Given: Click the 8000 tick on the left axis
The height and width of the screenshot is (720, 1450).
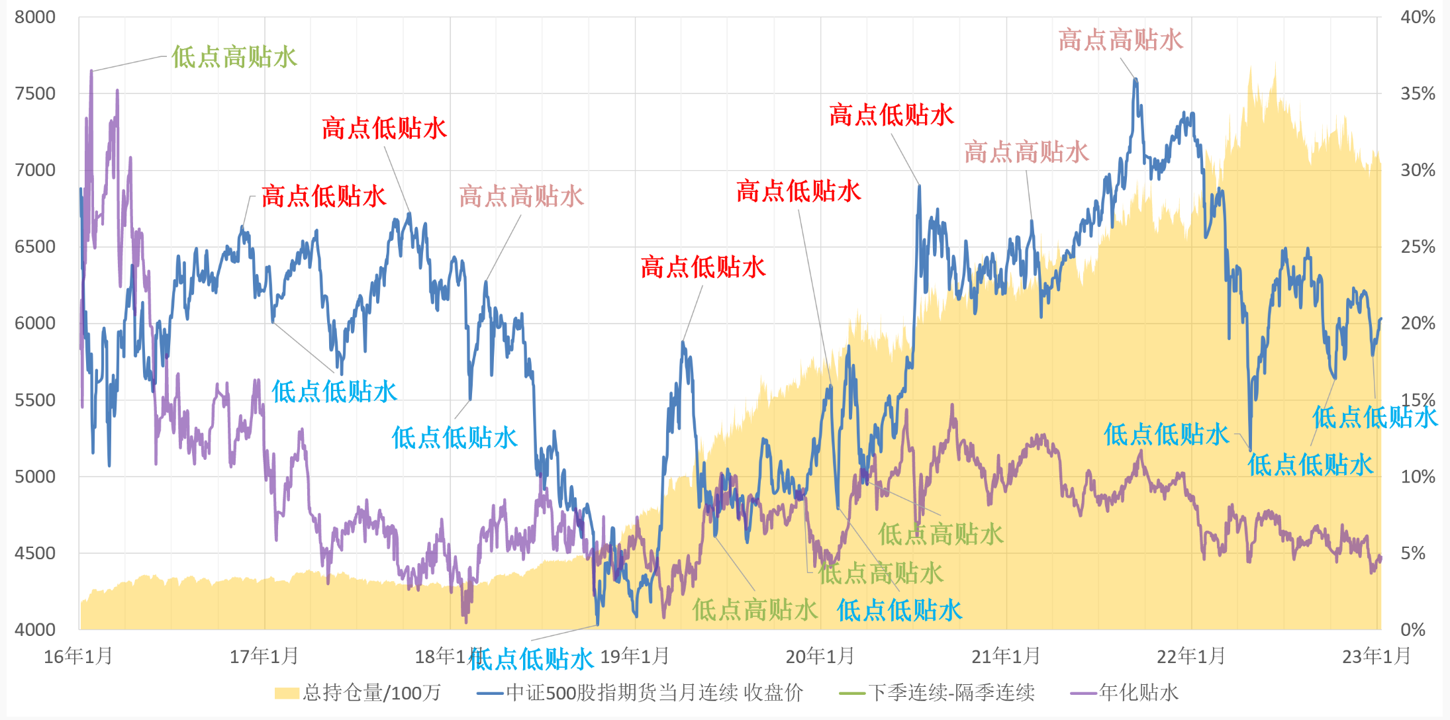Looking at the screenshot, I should click(35, 17).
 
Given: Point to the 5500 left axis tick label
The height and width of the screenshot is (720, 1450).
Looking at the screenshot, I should click(35, 400).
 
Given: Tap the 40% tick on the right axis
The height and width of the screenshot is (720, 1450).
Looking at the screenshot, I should click(1418, 17).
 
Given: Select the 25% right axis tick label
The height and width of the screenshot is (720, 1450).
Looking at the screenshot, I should click(1418, 247).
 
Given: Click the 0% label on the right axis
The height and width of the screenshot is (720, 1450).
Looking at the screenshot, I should click(1413, 629).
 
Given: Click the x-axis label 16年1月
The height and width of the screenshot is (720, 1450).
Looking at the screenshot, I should click(78, 656).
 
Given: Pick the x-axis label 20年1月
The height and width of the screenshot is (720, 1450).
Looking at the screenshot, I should click(820, 656).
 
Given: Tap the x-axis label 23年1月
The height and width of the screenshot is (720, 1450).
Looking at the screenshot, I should click(1376, 656).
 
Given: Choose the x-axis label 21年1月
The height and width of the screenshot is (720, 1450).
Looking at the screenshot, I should click(1005, 656).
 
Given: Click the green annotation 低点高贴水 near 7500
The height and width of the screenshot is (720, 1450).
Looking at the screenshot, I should click(234, 57).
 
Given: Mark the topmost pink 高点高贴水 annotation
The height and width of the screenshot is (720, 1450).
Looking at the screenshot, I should click(1120, 40).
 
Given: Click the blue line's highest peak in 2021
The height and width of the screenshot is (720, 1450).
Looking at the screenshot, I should click(1136, 80).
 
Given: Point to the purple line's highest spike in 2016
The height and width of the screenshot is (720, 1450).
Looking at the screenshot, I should click(91, 71).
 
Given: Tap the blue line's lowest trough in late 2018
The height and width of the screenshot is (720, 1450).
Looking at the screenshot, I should click(597, 623).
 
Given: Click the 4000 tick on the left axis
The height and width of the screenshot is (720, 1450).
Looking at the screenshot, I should click(35, 629).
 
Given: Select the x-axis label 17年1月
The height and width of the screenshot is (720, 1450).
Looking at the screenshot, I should click(264, 656).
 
